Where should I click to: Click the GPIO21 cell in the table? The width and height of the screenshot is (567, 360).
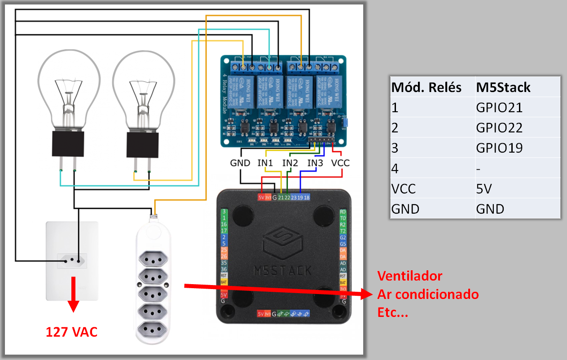click(499, 108)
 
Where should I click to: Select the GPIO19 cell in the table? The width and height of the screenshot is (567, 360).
click(499, 148)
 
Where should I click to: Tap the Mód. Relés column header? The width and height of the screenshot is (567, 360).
click(426, 87)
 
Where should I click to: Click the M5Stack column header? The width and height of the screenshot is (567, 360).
click(503, 87)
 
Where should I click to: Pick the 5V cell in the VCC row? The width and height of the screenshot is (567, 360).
click(484, 189)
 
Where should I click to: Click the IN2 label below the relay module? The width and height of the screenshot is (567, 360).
click(290, 163)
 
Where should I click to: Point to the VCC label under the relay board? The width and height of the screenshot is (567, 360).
click(340, 163)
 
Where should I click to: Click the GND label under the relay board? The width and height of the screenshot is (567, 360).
click(240, 163)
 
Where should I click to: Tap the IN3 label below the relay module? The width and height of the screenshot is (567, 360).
click(315, 163)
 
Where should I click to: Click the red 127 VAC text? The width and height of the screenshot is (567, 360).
click(71, 333)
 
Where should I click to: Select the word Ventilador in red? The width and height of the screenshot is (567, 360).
click(409, 276)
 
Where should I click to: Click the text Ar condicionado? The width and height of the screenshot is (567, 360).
click(428, 294)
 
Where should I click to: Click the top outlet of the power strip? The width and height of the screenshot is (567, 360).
click(153, 259)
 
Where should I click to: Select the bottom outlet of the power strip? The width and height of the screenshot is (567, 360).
click(153, 330)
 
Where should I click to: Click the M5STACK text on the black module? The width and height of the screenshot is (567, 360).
click(282, 270)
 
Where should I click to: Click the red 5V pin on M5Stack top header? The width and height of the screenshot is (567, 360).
click(261, 197)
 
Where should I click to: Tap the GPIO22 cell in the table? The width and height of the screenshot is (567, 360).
click(499, 128)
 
